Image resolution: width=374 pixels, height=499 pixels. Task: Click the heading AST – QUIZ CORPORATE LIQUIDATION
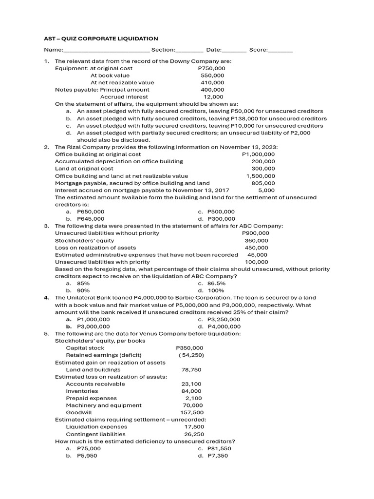[x=101, y=38]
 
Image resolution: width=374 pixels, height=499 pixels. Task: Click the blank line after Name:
[x=107, y=50]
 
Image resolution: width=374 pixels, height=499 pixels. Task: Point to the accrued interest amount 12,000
[x=214, y=97]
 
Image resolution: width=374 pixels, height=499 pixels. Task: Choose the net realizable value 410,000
[x=212, y=83]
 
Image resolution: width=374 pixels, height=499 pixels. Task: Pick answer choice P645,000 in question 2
[x=91, y=219]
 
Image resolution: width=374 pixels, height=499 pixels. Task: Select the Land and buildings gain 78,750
[x=191, y=369]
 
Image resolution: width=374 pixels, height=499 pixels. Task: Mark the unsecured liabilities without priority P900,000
[x=256, y=233]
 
